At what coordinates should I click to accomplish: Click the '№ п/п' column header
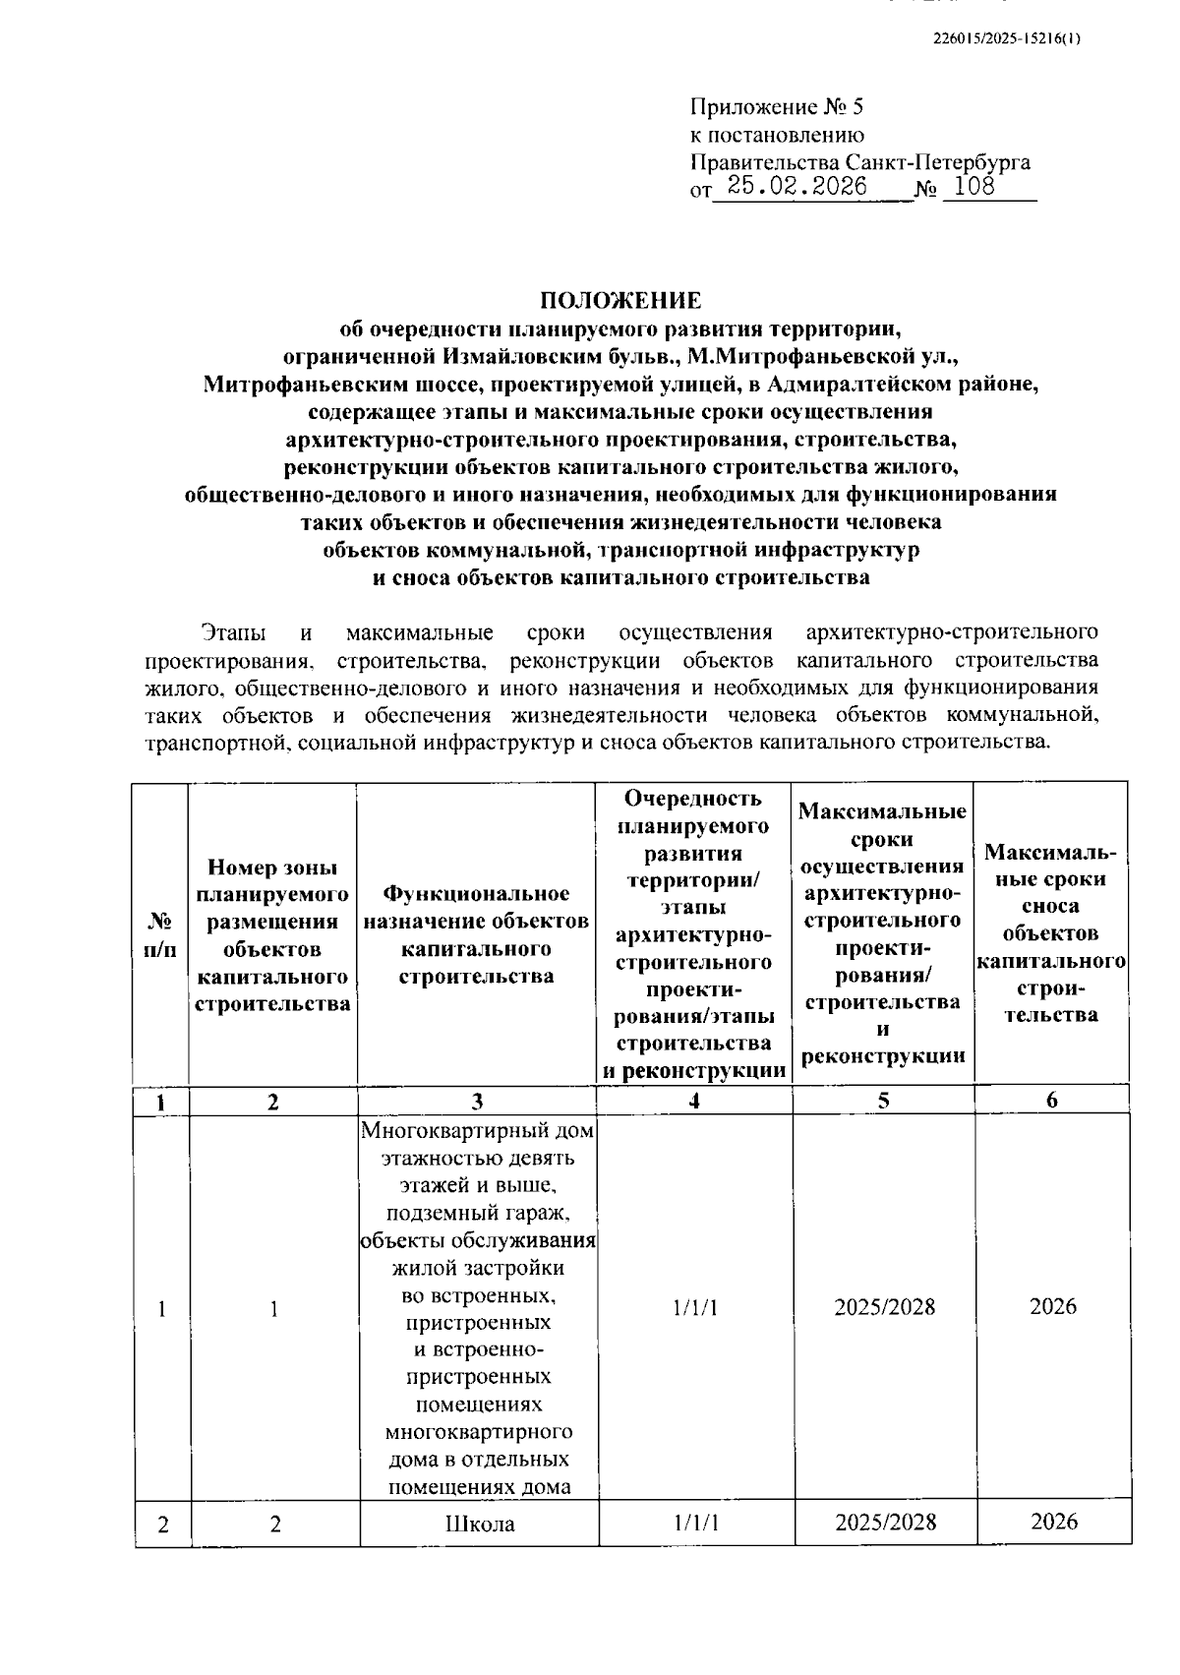(161, 934)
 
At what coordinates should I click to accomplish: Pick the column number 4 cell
(694, 1102)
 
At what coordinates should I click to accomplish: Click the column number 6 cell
(1051, 1102)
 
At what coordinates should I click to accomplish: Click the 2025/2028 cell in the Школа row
(884, 1523)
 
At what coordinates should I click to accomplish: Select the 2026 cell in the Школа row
(1053, 1522)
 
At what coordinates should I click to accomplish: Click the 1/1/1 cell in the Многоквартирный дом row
(694, 1307)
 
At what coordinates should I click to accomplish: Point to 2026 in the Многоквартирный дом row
(1053, 1306)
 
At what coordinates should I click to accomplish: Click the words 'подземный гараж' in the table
(478, 1212)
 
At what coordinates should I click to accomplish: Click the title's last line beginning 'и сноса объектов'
(620, 578)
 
